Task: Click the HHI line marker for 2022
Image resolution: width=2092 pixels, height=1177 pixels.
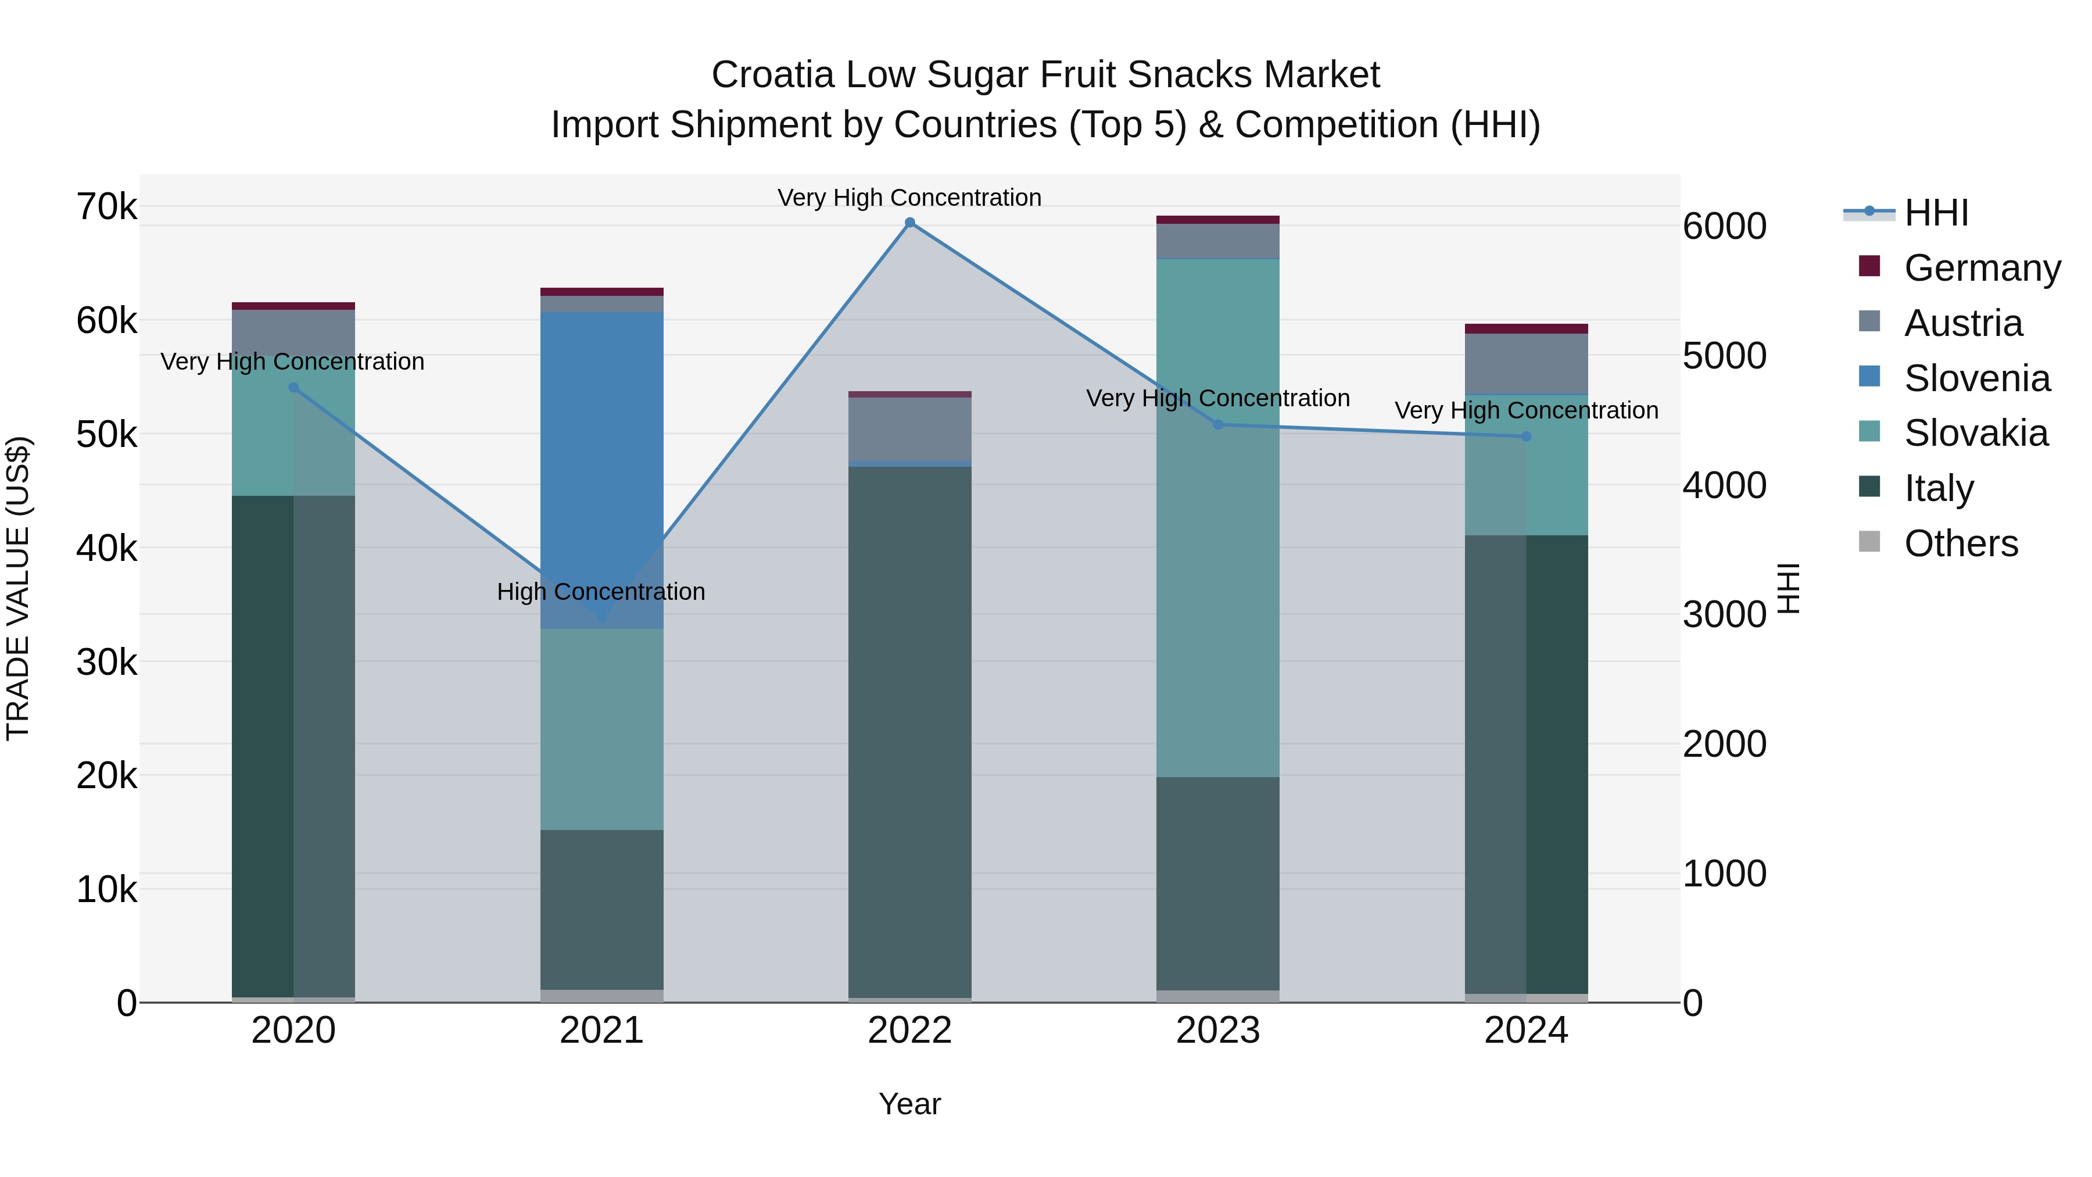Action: [x=909, y=223]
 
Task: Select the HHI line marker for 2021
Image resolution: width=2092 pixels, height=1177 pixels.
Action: [x=602, y=617]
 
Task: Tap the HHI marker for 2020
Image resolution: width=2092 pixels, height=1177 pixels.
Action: [x=294, y=388]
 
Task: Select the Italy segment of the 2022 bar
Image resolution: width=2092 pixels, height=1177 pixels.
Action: [x=909, y=731]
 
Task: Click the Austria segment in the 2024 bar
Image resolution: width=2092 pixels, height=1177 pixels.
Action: [x=1526, y=364]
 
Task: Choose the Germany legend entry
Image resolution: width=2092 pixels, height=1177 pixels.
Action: [x=1982, y=268]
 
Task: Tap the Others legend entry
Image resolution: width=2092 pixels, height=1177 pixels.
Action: [x=1961, y=543]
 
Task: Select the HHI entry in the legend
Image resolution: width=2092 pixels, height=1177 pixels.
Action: [x=1936, y=213]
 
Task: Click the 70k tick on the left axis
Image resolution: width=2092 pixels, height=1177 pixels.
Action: [x=106, y=207]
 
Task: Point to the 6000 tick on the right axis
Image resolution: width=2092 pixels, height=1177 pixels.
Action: [x=1724, y=226]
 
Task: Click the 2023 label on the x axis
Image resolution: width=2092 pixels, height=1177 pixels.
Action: [x=1217, y=1031]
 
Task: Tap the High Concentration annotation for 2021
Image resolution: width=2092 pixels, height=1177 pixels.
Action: [x=601, y=591]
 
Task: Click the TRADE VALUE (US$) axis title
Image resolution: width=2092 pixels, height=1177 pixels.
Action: [x=18, y=588]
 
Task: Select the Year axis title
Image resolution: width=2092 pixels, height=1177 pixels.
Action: [x=909, y=1104]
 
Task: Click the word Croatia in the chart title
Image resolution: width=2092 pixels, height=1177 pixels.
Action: [x=772, y=75]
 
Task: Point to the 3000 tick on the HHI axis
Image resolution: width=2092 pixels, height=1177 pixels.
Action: [x=1724, y=614]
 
